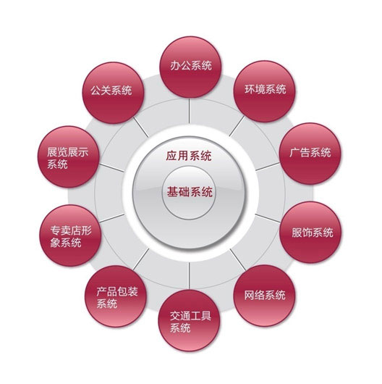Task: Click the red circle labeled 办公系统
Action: click(x=190, y=67)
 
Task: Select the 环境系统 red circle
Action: click(x=264, y=91)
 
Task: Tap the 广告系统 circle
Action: click(x=310, y=154)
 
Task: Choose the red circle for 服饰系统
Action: click(x=310, y=232)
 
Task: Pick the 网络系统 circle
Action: click(x=264, y=296)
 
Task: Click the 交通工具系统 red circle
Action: click(x=189, y=320)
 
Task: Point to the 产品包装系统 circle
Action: click(x=116, y=296)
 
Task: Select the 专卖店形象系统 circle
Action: click(x=70, y=235)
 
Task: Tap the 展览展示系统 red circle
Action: click(x=69, y=156)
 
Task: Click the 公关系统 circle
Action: click(x=113, y=93)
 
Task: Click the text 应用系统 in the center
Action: click(x=189, y=156)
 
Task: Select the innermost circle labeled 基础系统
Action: click(x=189, y=193)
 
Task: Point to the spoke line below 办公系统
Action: click(x=189, y=110)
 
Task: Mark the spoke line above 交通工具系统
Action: click(x=189, y=276)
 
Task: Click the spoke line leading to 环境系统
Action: click(x=237, y=126)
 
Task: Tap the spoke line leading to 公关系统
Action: click(x=141, y=127)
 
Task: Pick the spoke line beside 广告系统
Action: click(x=268, y=167)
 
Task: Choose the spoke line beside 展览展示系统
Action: click(x=111, y=168)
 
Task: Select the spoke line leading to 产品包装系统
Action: click(x=141, y=259)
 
